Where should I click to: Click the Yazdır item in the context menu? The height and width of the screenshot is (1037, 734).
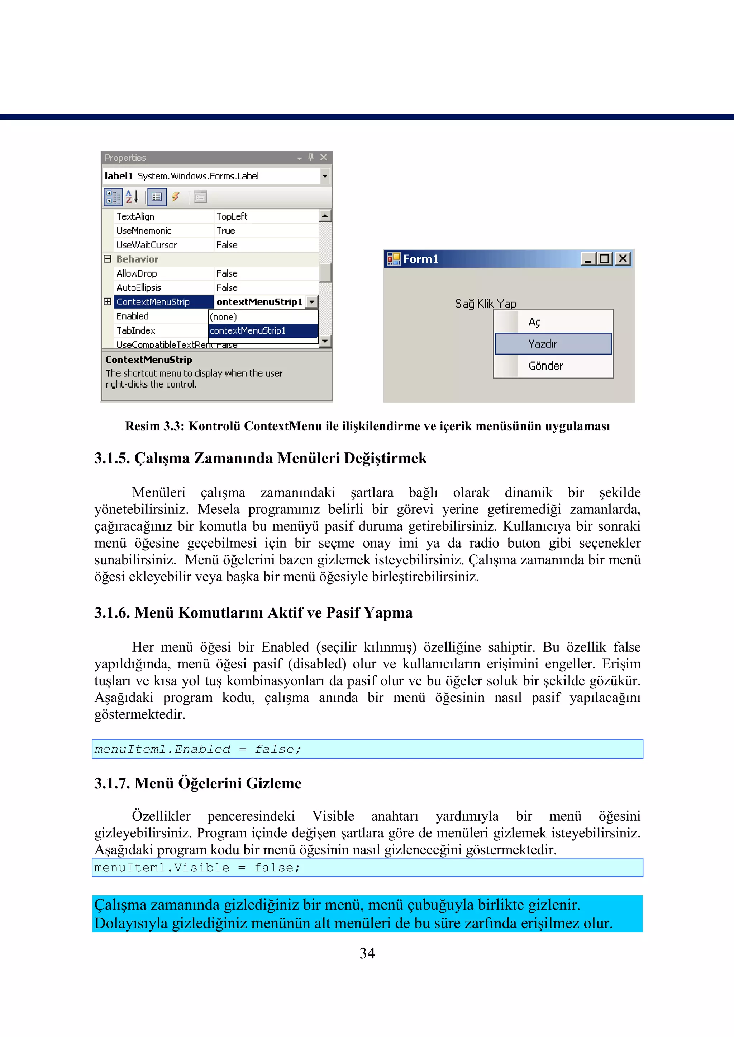coord(552,344)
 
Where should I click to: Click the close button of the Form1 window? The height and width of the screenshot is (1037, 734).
coord(623,258)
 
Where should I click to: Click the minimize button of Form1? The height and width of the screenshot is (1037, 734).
coord(587,259)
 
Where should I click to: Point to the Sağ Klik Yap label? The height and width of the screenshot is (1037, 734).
coord(485,303)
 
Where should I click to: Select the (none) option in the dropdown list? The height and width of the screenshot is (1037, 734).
coord(262,317)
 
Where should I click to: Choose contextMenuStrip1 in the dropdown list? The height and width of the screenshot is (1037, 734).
coord(262,331)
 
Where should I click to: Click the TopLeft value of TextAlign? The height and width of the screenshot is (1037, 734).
coord(232,216)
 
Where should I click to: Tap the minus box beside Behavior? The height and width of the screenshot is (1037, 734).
coord(108,259)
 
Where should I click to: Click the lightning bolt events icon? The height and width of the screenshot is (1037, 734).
coord(175,197)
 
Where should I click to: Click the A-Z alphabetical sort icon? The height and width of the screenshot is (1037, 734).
coord(132,197)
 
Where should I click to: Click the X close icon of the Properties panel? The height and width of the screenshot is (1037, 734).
coord(324,158)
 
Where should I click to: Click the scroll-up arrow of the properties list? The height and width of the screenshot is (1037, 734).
coord(325,215)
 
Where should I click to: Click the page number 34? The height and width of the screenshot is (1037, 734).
coord(367,953)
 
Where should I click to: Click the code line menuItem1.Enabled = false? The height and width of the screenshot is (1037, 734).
coord(197,749)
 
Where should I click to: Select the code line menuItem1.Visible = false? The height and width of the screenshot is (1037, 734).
coord(197,867)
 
